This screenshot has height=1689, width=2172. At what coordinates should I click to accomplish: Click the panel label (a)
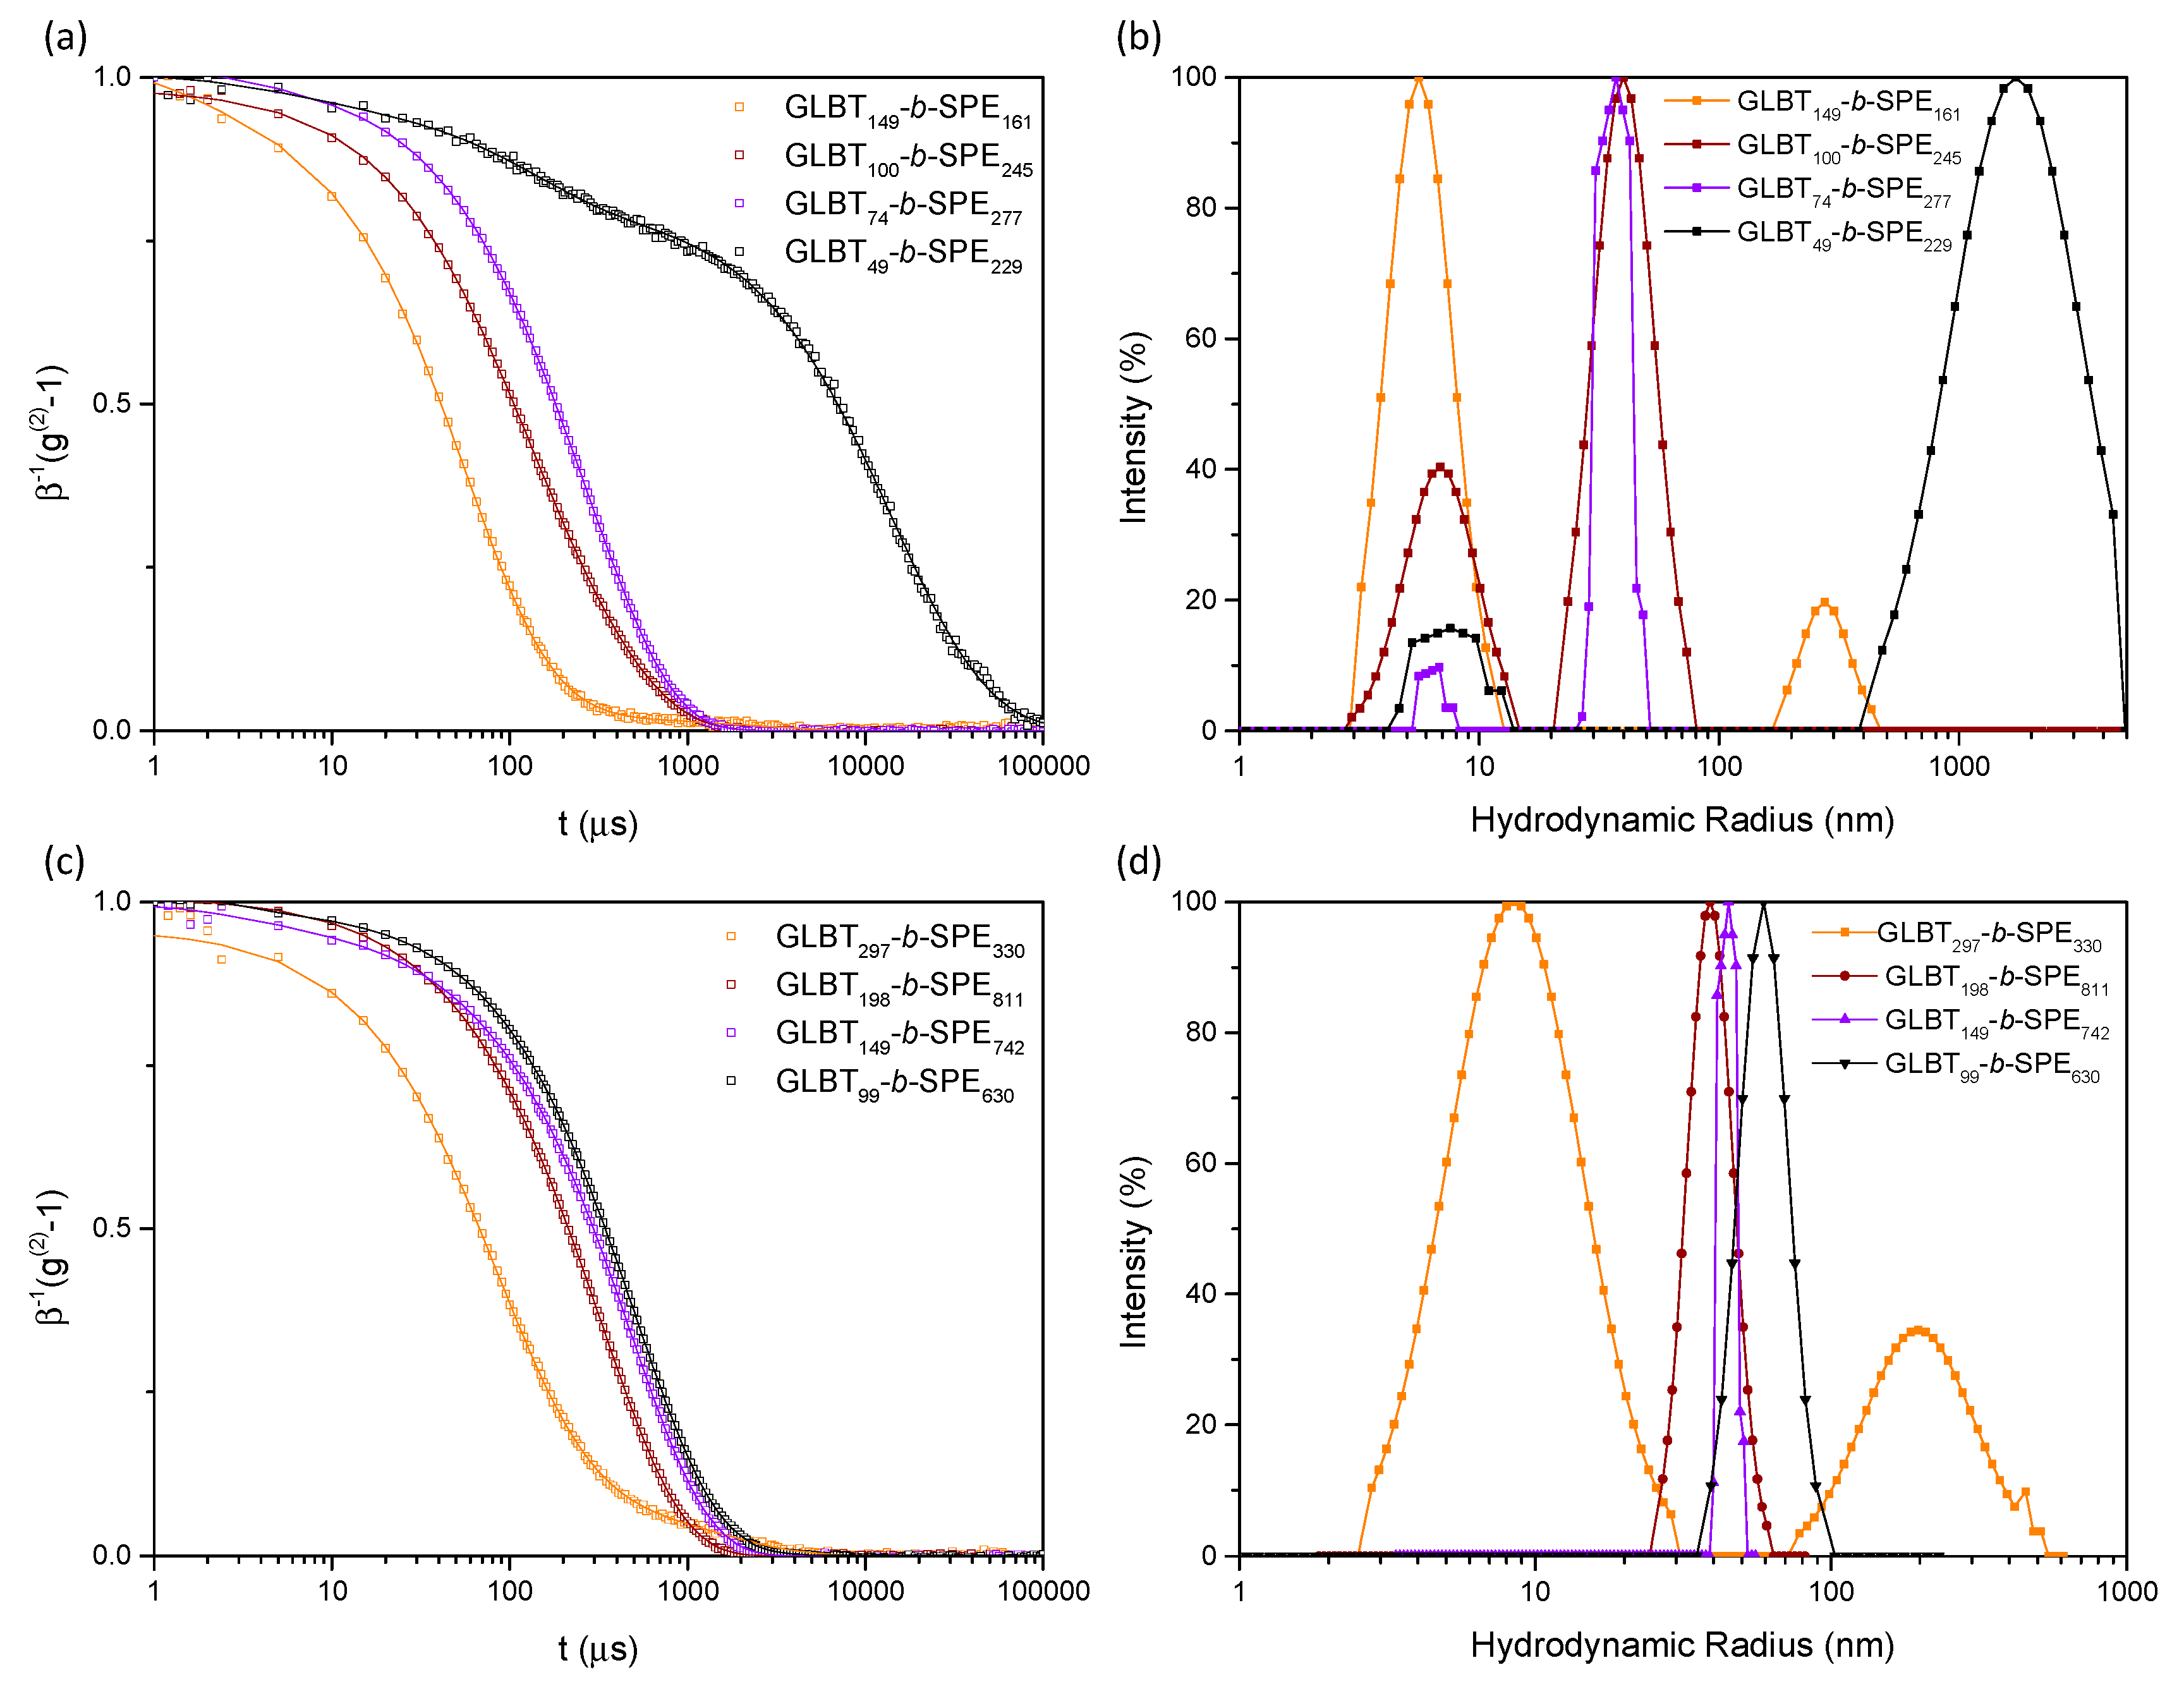pyautogui.click(x=66, y=38)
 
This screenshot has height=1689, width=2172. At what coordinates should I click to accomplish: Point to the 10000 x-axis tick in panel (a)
pyautogui.click(x=865, y=765)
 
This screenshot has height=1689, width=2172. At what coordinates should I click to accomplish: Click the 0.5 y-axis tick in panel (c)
pyautogui.click(x=111, y=1228)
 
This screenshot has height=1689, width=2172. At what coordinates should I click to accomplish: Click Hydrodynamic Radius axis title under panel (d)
pyautogui.click(x=1682, y=1645)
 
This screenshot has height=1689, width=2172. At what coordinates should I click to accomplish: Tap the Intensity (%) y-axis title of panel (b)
pyautogui.click(x=1134, y=428)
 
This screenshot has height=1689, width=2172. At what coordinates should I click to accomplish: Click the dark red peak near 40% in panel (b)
pyautogui.click(x=1440, y=467)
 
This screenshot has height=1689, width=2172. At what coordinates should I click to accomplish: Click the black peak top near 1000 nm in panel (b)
pyautogui.click(x=2015, y=80)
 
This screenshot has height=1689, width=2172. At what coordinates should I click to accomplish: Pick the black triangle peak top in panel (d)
pyautogui.click(x=1763, y=903)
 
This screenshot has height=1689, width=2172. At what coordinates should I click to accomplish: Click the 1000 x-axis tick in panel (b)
pyautogui.click(x=1959, y=765)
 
